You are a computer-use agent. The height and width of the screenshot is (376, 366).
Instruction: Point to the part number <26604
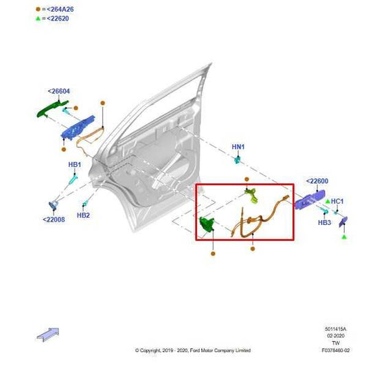coord(58,91)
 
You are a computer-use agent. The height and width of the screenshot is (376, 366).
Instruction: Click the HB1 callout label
coord(74,165)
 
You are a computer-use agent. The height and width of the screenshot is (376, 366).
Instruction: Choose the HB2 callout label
coord(83,215)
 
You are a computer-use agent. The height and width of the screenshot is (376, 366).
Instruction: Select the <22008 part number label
coord(54,220)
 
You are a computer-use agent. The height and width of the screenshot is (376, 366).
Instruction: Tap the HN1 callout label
coord(238,147)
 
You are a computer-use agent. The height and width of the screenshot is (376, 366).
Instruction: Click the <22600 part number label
coord(317,181)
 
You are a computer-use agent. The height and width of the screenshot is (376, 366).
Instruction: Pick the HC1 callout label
coord(337,201)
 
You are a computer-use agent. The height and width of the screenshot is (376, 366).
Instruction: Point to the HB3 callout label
coord(324,223)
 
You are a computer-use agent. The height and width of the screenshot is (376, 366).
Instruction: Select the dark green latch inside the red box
coord(206,225)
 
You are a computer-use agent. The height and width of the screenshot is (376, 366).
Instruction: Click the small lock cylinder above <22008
coord(53,204)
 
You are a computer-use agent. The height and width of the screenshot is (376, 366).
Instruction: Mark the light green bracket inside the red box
coord(253,196)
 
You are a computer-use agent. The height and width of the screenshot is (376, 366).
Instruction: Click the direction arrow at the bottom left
coord(47,333)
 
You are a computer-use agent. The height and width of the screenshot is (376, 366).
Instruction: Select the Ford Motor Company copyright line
coord(192,351)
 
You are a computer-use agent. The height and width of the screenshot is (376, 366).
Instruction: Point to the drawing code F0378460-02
coord(335,351)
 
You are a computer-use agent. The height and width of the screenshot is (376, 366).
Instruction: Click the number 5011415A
coord(336,330)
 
